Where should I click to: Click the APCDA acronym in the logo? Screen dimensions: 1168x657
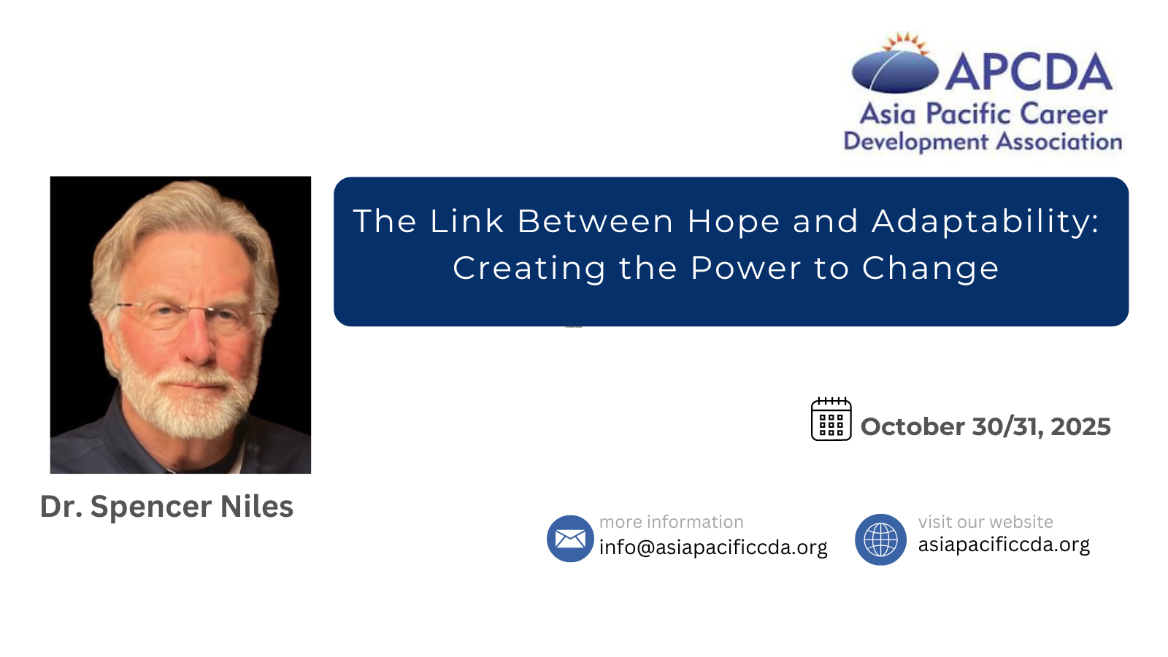[1029, 72]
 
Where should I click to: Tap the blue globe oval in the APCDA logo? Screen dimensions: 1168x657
[895, 72]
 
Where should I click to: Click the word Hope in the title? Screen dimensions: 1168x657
[733, 222]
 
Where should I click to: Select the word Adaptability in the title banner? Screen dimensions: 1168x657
[985, 222]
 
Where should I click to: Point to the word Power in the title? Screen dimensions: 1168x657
[745, 268]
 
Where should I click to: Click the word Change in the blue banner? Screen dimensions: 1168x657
[930, 269]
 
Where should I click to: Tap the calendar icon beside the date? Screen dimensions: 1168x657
[831, 419]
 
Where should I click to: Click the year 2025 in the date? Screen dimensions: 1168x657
[1080, 426]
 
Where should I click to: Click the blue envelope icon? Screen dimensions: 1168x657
[570, 539]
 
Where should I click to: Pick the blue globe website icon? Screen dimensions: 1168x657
[880, 539]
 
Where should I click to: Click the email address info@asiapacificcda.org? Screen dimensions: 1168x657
[713, 547]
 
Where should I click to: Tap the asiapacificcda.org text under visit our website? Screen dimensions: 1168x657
[1004, 545]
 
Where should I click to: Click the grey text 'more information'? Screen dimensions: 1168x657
[671, 522]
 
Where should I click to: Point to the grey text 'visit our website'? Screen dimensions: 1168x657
[985, 522]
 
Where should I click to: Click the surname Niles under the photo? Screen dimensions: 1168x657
[256, 507]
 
